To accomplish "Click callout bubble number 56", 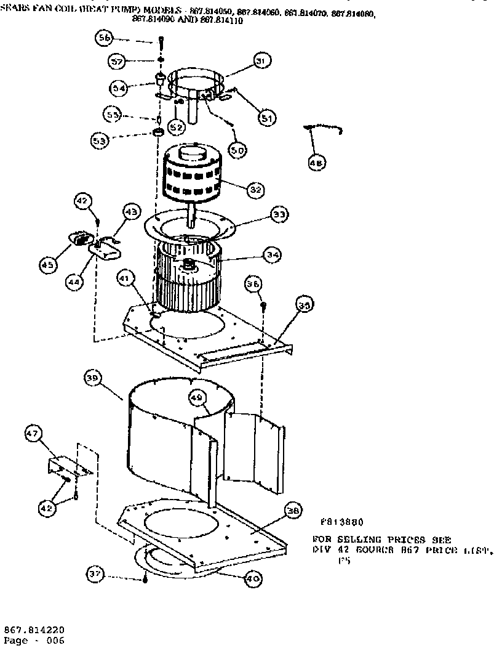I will (x=104, y=38).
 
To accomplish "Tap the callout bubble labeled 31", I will (x=262, y=62).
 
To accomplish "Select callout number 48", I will (x=316, y=163).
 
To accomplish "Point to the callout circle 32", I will (x=256, y=190).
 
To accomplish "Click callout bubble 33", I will (x=278, y=215).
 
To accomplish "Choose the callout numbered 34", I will (x=271, y=254).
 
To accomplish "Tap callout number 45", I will (x=48, y=265).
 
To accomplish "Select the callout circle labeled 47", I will (x=33, y=435).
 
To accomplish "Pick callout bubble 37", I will (x=94, y=575).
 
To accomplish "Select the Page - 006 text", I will (x=34, y=641).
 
